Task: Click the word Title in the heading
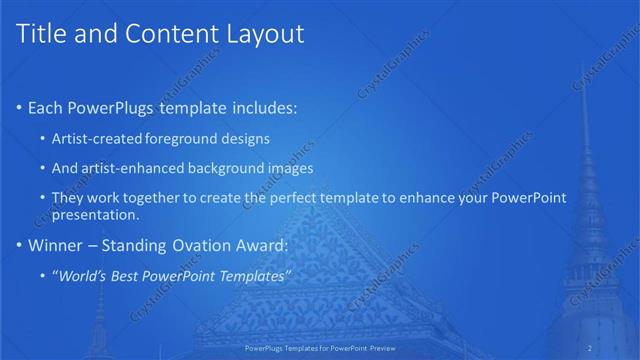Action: (x=42, y=35)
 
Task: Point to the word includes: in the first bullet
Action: (x=263, y=107)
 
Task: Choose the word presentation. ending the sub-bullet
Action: (x=95, y=215)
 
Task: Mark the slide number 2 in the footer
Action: (x=590, y=347)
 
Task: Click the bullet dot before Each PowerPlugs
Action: (x=20, y=107)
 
